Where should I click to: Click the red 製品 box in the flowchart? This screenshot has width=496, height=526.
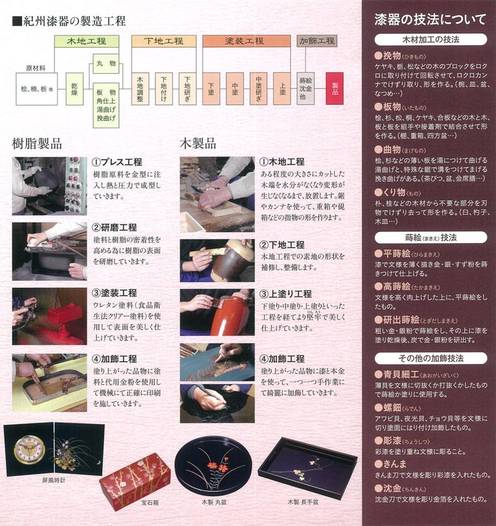(335, 88)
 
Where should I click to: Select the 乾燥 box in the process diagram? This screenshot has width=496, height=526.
(75, 89)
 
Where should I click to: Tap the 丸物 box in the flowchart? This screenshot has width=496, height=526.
(106, 64)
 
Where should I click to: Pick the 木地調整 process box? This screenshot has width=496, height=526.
(140, 89)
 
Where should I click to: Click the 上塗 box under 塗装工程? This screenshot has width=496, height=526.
(282, 89)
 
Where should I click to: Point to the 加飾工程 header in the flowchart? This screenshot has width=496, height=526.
(317, 41)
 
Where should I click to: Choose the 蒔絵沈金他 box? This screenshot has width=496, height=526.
(306, 89)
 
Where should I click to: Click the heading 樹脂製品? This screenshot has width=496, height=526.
(37, 144)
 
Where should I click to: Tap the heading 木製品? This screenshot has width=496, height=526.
(198, 144)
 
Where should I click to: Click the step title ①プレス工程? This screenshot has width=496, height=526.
(117, 162)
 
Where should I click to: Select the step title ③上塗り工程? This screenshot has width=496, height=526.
(285, 294)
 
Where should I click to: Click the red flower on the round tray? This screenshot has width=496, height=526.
(215, 466)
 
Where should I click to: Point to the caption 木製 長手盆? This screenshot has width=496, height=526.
(303, 502)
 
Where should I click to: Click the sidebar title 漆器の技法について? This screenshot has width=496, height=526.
(430, 20)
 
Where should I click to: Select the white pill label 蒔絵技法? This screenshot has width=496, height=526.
(431, 237)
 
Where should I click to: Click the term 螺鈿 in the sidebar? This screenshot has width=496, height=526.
(392, 407)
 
